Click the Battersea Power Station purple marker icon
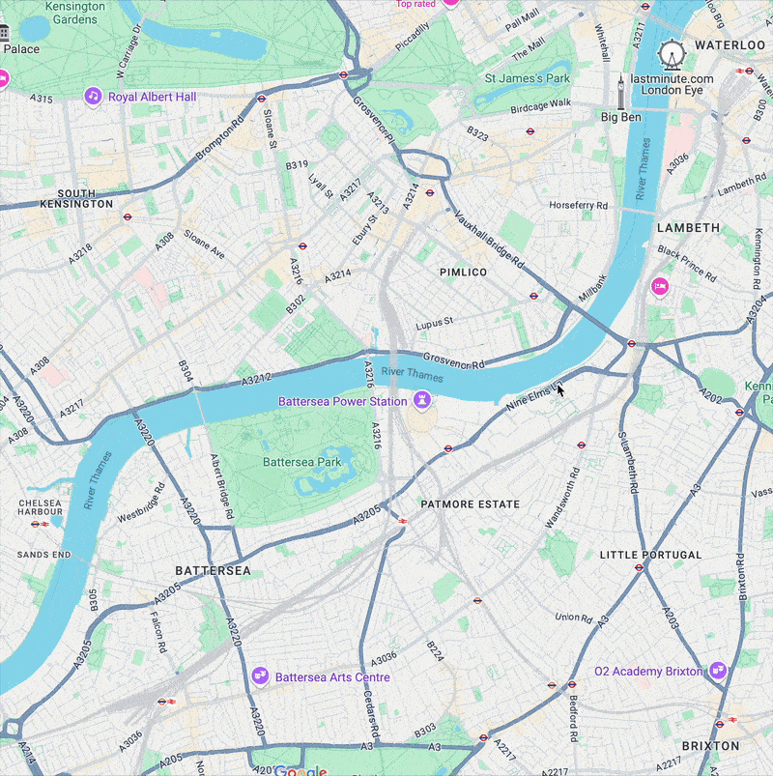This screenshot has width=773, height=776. point(421,400)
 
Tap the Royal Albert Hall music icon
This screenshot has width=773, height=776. point(93,97)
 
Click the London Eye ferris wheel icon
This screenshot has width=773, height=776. point(671,54)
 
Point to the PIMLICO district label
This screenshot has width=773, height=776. point(464,273)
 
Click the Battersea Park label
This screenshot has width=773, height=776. point(301,462)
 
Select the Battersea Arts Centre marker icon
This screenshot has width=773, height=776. point(259,676)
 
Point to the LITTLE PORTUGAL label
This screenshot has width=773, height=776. point(650,555)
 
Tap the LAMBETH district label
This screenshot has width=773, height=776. point(688,228)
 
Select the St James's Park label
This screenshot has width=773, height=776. point(528,77)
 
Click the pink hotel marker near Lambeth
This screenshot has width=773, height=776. point(660,285)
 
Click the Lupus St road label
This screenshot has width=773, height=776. point(434,326)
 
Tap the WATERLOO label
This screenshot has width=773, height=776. point(730,44)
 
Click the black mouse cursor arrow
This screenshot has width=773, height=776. point(559,388)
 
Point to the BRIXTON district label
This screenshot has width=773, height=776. point(710,746)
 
